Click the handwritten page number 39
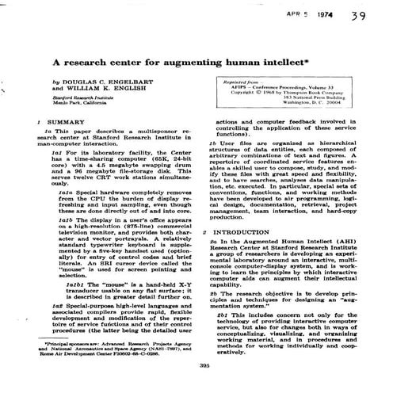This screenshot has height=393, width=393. coord(360,16)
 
